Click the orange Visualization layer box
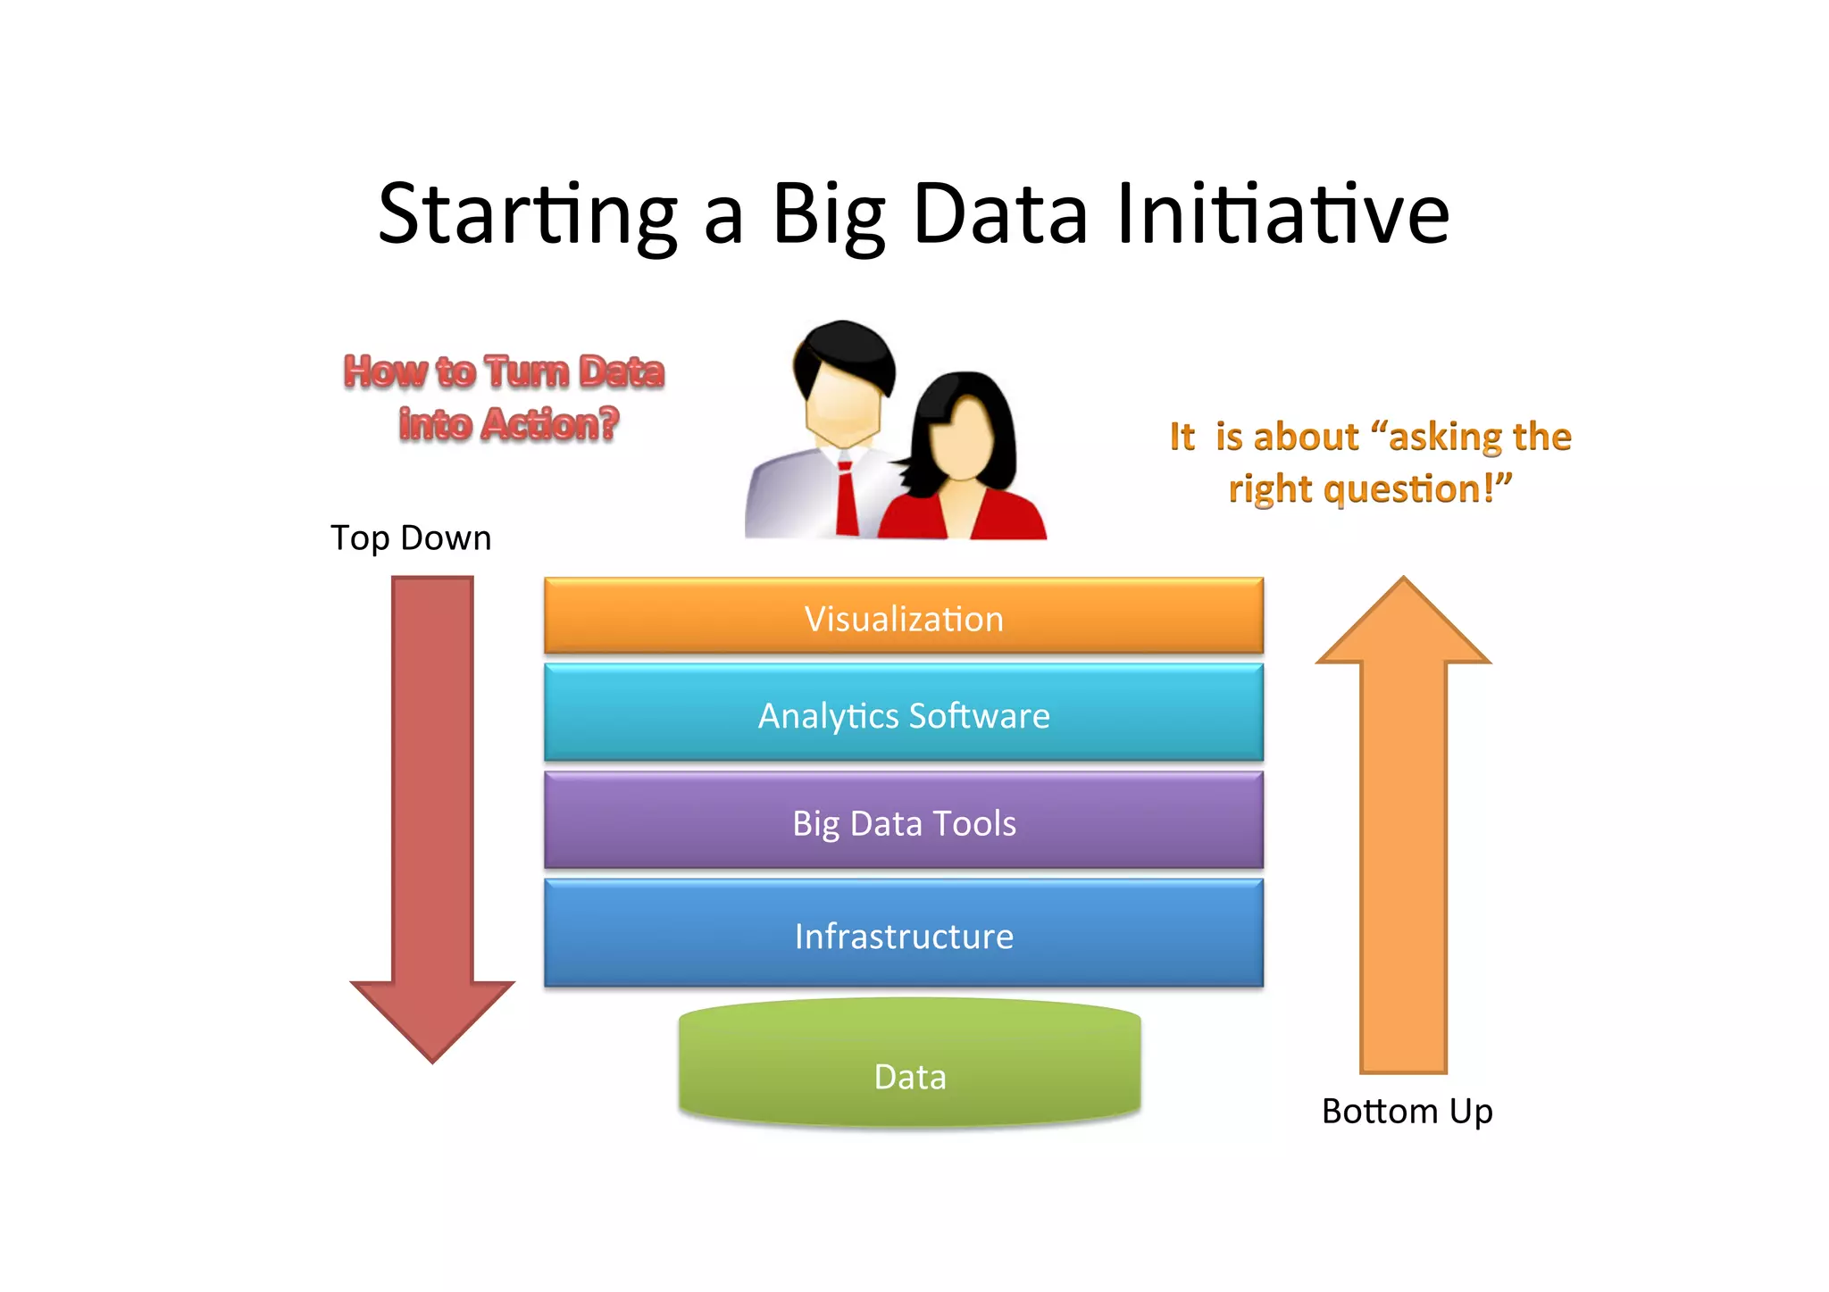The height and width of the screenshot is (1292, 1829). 904,616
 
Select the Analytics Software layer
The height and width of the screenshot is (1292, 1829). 904,714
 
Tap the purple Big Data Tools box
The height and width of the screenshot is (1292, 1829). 904,821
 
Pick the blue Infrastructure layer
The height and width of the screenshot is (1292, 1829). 904,935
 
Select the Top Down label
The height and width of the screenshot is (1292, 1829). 411,538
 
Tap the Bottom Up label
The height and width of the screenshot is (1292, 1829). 1407,1112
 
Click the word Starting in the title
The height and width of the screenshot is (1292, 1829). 527,214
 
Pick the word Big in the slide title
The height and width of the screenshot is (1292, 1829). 829,214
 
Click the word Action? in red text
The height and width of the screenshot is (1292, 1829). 549,424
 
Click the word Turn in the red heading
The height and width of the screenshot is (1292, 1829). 527,371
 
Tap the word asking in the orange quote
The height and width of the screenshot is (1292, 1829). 1437,437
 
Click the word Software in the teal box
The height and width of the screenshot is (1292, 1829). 979,715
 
